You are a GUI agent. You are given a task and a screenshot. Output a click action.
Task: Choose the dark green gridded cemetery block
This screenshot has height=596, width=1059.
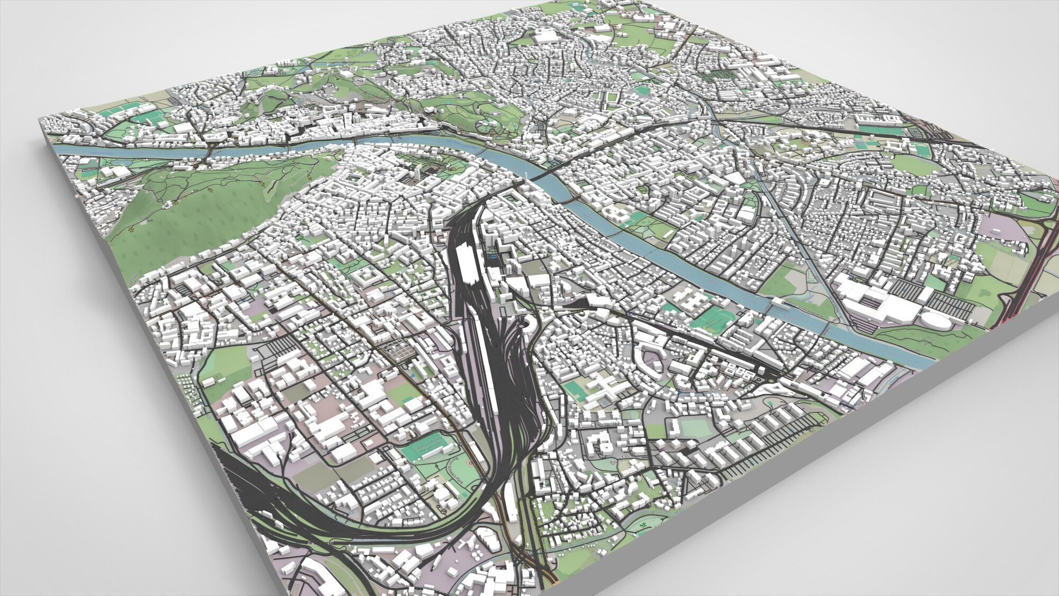(720, 74)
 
